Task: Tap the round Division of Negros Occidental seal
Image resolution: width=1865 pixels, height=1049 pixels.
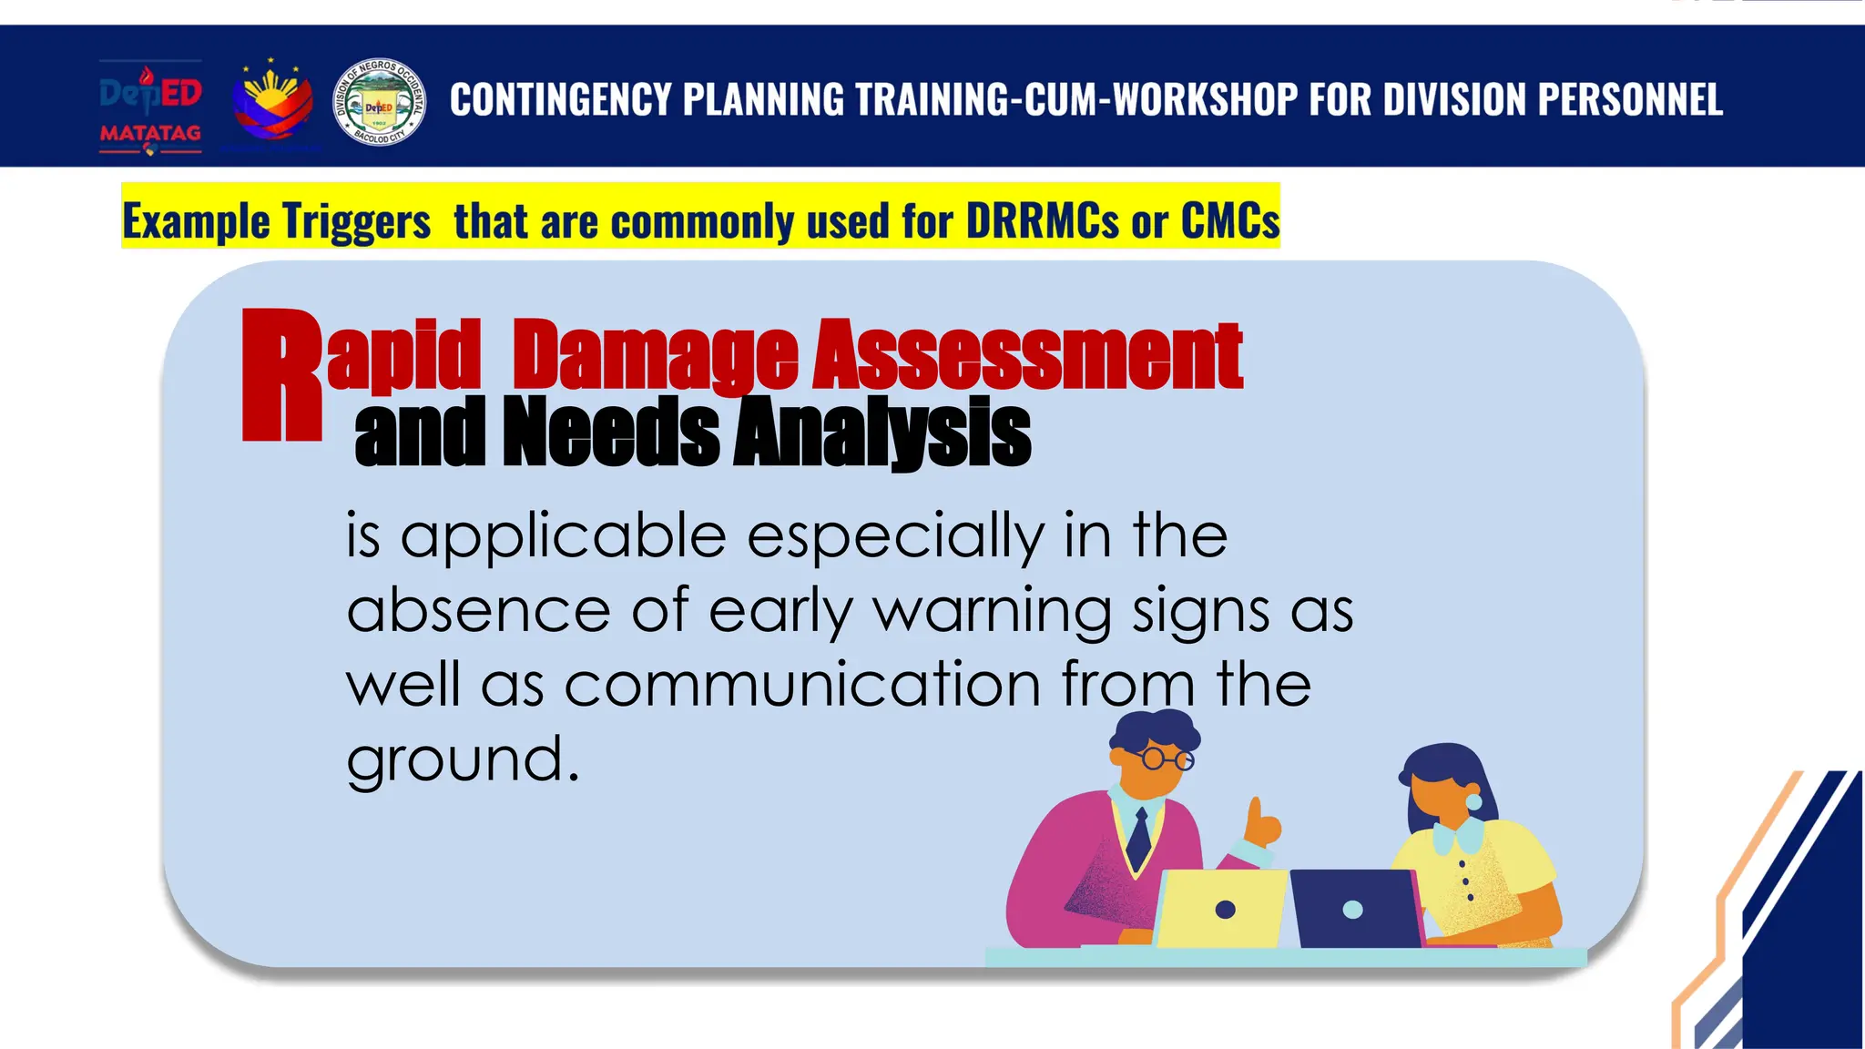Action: coord(379,103)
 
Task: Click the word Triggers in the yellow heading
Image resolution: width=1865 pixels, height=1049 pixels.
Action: coord(355,221)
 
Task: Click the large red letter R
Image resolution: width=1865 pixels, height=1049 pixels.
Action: coord(281,375)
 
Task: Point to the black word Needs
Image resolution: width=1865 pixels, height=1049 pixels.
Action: coord(611,432)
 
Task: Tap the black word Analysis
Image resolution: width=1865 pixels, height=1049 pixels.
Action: coord(882,432)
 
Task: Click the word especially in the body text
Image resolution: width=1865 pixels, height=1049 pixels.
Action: coord(895,536)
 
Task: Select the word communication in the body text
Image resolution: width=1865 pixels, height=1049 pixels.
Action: coord(802,685)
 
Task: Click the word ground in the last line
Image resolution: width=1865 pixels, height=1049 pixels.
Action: coord(454,760)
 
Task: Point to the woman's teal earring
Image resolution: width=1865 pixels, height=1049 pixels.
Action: coord(1473,801)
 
